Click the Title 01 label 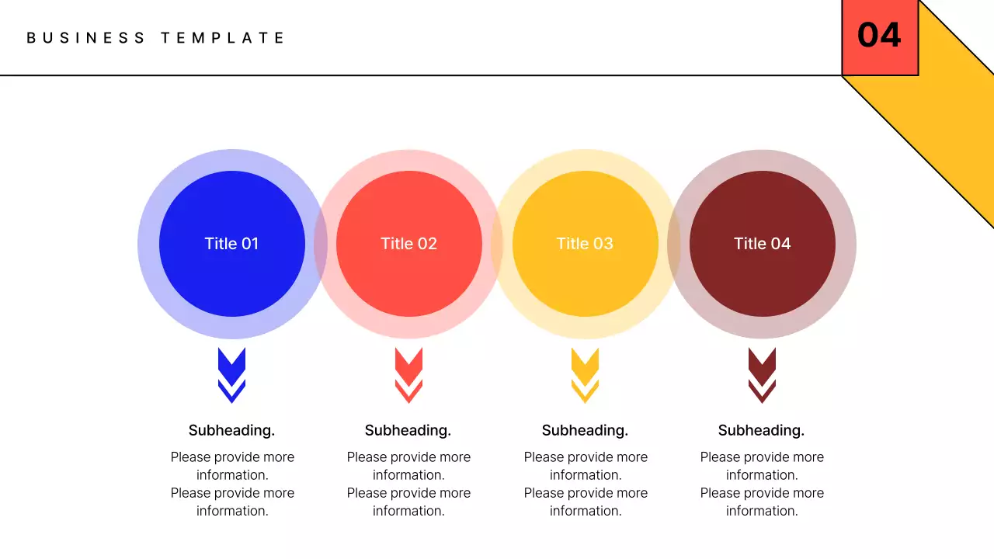point(231,244)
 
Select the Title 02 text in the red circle point(408,244)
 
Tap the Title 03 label point(585,244)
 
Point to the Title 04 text point(762,244)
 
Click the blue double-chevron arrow point(231,375)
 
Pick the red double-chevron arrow point(408,375)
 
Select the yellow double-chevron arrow point(585,375)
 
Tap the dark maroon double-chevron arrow point(762,375)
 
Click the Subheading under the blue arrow point(231,430)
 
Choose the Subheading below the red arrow point(408,430)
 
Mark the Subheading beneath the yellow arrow point(585,430)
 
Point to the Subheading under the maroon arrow point(761,430)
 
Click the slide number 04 point(879,36)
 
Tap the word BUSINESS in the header point(85,37)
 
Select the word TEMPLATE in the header point(223,37)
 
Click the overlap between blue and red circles point(321,244)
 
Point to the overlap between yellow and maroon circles point(674,244)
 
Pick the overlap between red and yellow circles point(497,244)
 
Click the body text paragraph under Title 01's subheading point(232,484)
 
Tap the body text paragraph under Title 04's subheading point(762,484)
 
